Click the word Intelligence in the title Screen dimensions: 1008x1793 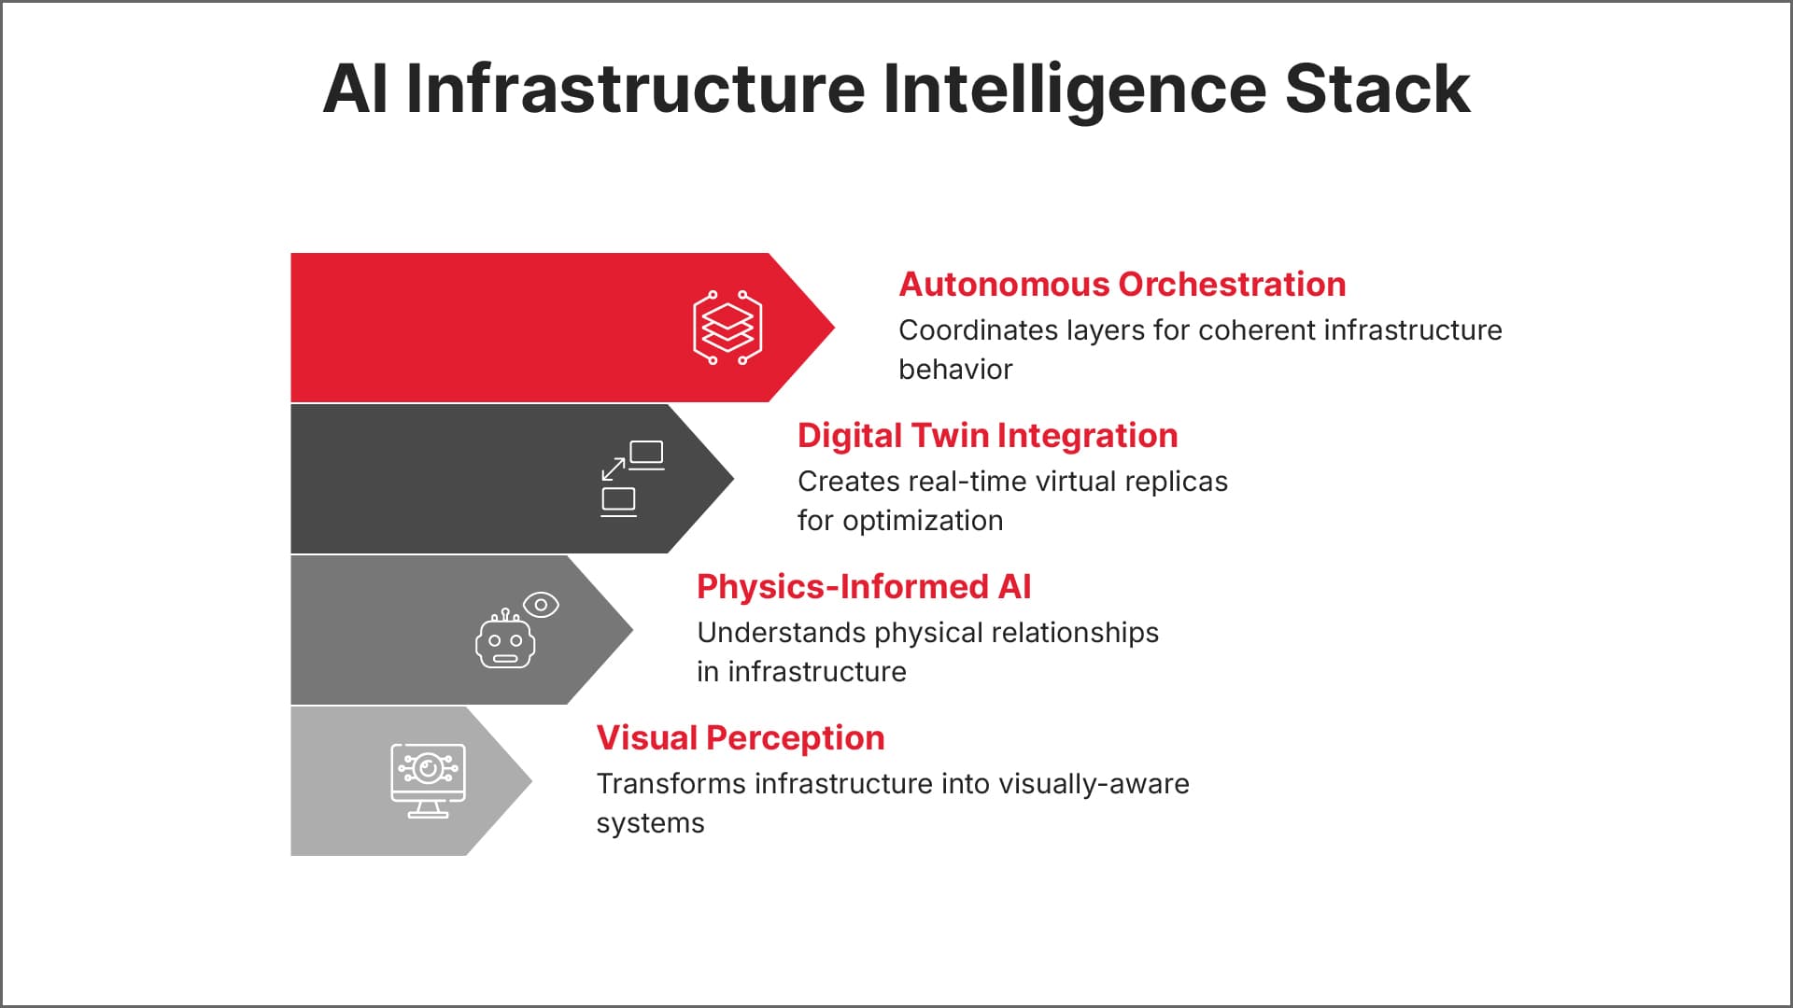pyautogui.click(x=1074, y=89)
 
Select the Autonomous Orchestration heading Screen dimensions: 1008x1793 pyautogui.click(x=1122, y=285)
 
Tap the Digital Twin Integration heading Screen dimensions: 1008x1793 pyautogui.click(x=987, y=436)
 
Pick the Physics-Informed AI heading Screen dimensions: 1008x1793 pyautogui.click(x=864, y=587)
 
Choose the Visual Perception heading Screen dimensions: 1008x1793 pyautogui.click(x=740, y=738)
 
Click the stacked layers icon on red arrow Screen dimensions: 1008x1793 pyautogui.click(x=727, y=328)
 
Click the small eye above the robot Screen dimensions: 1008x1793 pyautogui.click(x=541, y=605)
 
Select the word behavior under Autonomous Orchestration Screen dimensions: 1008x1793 pyautogui.click(x=954, y=370)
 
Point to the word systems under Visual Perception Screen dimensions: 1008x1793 pyautogui.click(x=650, y=823)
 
